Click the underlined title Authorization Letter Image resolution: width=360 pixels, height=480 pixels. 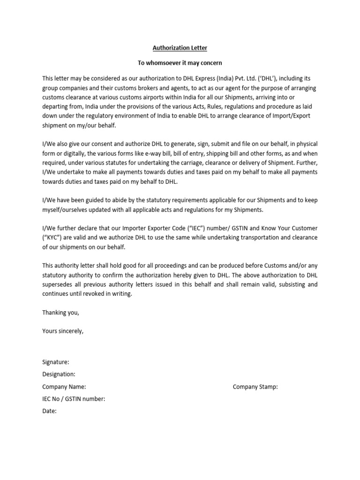(x=180, y=48)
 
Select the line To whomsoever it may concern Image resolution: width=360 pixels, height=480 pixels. (x=180, y=63)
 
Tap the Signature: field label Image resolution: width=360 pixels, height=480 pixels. (x=56, y=362)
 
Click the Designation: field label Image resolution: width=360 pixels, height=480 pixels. (x=59, y=375)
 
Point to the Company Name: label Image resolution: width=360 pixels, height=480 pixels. (x=64, y=387)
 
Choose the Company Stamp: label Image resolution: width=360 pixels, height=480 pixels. (x=255, y=387)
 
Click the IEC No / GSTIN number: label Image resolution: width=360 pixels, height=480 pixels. (x=74, y=399)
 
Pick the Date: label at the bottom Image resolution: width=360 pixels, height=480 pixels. (x=49, y=411)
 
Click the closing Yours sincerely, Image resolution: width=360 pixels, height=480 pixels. (x=63, y=331)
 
